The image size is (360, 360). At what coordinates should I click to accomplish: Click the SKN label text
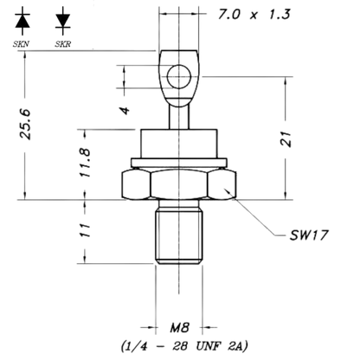[x=21, y=44]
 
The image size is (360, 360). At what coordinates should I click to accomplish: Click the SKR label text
[x=63, y=44]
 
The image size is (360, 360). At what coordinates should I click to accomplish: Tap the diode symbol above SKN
[x=22, y=20]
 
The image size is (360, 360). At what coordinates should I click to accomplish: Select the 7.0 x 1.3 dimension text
[x=254, y=15]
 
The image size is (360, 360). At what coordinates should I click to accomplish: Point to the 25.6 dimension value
[x=25, y=125]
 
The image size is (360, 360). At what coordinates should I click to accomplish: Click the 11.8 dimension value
[x=86, y=163]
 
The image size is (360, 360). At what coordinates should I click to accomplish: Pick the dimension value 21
[x=286, y=139]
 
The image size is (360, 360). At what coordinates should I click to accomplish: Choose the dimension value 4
[x=125, y=111]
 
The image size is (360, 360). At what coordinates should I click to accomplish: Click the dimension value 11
[x=86, y=230]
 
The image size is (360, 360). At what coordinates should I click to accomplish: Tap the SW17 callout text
[x=309, y=235]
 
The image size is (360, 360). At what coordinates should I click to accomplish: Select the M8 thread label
[x=179, y=328]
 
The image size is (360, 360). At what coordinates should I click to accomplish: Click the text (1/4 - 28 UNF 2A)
[x=184, y=346]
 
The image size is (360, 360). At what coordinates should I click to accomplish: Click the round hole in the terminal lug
[x=179, y=77]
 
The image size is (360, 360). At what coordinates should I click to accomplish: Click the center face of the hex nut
[x=179, y=184]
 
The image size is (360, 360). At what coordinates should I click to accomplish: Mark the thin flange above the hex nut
[x=179, y=163]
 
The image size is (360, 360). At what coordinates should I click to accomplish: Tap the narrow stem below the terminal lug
[x=179, y=118]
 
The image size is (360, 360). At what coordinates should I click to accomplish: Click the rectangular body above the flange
[x=179, y=144]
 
